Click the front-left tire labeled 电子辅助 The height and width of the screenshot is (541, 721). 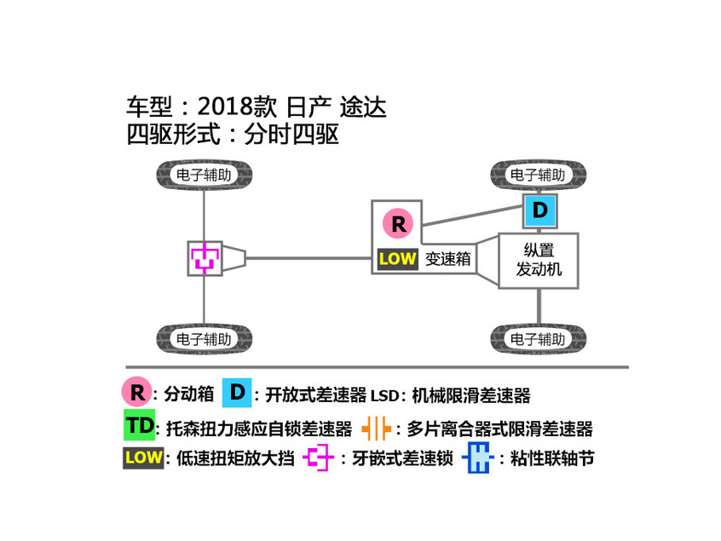(204, 176)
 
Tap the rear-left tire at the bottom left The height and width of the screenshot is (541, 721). (204, 338)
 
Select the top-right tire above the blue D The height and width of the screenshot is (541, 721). (539, 176)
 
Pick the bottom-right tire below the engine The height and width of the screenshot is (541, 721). (539, 338)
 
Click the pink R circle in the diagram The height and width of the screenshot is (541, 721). (397, 224)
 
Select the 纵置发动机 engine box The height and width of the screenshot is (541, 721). (539, 261)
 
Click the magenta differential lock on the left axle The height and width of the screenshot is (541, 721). (205, 257)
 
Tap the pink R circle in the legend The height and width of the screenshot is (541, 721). (136, 392)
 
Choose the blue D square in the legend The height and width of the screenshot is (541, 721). (237, 392)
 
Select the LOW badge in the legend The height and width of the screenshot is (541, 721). (143, 458)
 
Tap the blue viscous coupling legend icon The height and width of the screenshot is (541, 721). (479, 458)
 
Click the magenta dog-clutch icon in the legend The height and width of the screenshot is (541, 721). (319, 458)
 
